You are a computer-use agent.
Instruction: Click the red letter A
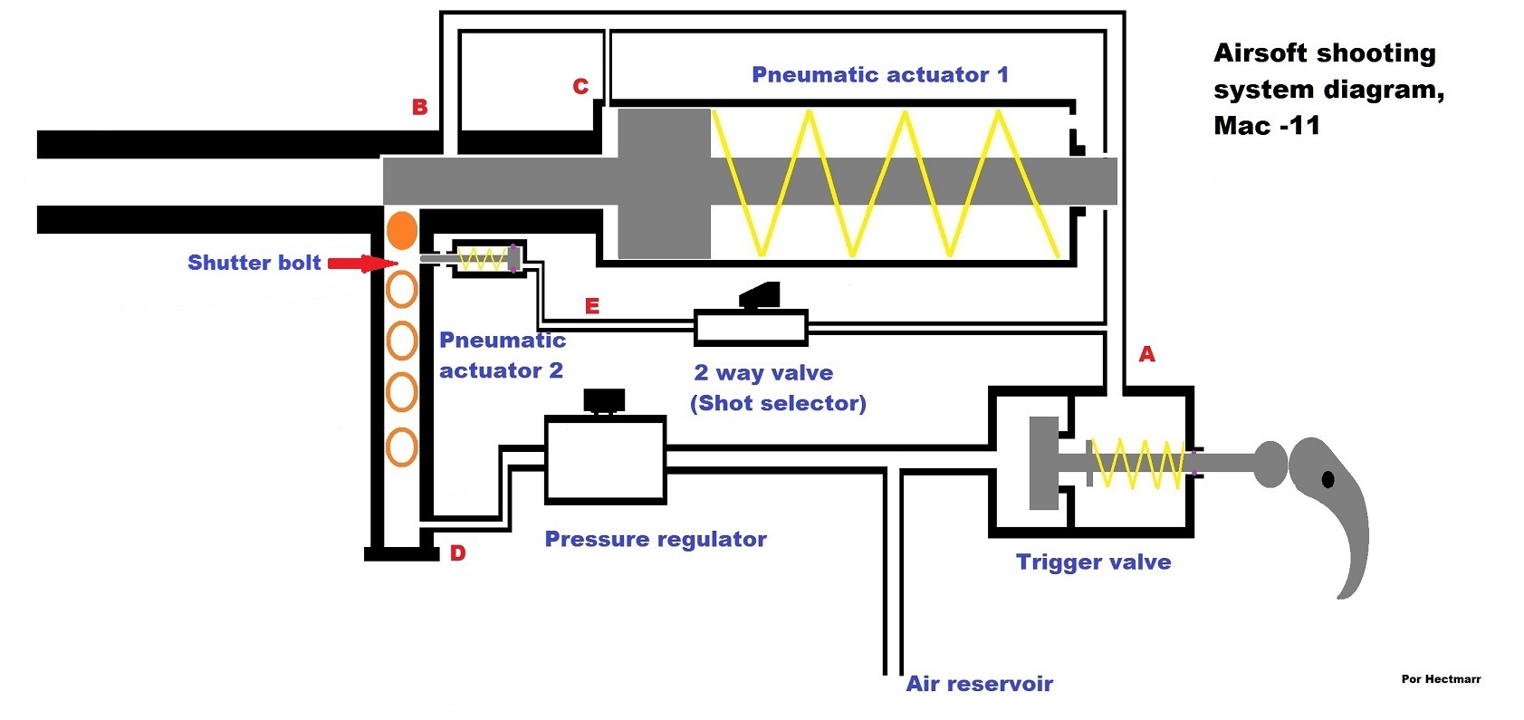[1146, 354]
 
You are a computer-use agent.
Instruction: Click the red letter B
[419, 107]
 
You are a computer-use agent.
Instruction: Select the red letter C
[580, 86]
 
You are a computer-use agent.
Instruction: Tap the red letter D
[458, 552]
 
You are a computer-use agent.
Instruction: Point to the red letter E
[592, 306]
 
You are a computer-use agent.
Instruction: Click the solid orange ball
[402, 231]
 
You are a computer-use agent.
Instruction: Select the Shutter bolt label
[254, 263]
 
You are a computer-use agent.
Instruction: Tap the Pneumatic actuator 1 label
[879, 74]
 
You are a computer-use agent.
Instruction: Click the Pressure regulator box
[605, 460]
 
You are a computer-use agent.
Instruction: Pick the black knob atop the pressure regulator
[604, 400]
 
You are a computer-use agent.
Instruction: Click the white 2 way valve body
[751, 328]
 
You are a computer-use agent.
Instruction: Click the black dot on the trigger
[1328, 478]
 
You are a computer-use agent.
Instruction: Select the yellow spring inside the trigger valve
[1136, 463]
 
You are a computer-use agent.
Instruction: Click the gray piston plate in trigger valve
[1044, 463]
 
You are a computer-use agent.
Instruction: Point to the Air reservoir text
[979, 684]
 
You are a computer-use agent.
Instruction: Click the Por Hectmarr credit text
[1441, 678]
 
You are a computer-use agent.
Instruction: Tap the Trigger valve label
[1093, 562]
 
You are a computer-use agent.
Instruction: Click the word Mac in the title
[1241, 125]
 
